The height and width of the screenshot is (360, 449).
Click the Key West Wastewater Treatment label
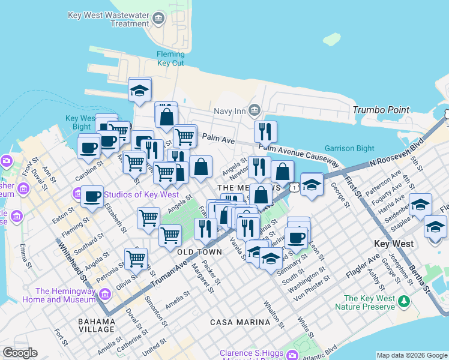click(x=108, y=19)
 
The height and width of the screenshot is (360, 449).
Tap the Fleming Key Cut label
click(x=170, y=58)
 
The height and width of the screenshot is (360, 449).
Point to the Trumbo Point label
click(x=381, y=110)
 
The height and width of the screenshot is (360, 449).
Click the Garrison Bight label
click(x=349, y=148)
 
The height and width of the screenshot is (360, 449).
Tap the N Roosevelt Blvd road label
click(x=397, y=155)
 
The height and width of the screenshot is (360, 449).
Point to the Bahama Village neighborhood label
click(x=96, y=325)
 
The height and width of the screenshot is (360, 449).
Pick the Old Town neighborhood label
click(x=196, y=252)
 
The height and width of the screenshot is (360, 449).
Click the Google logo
click(x=20, y=353)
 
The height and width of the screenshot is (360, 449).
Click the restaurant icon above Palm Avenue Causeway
click(x=265, y=131)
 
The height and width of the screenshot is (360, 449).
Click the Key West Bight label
click(x=78, y=122)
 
